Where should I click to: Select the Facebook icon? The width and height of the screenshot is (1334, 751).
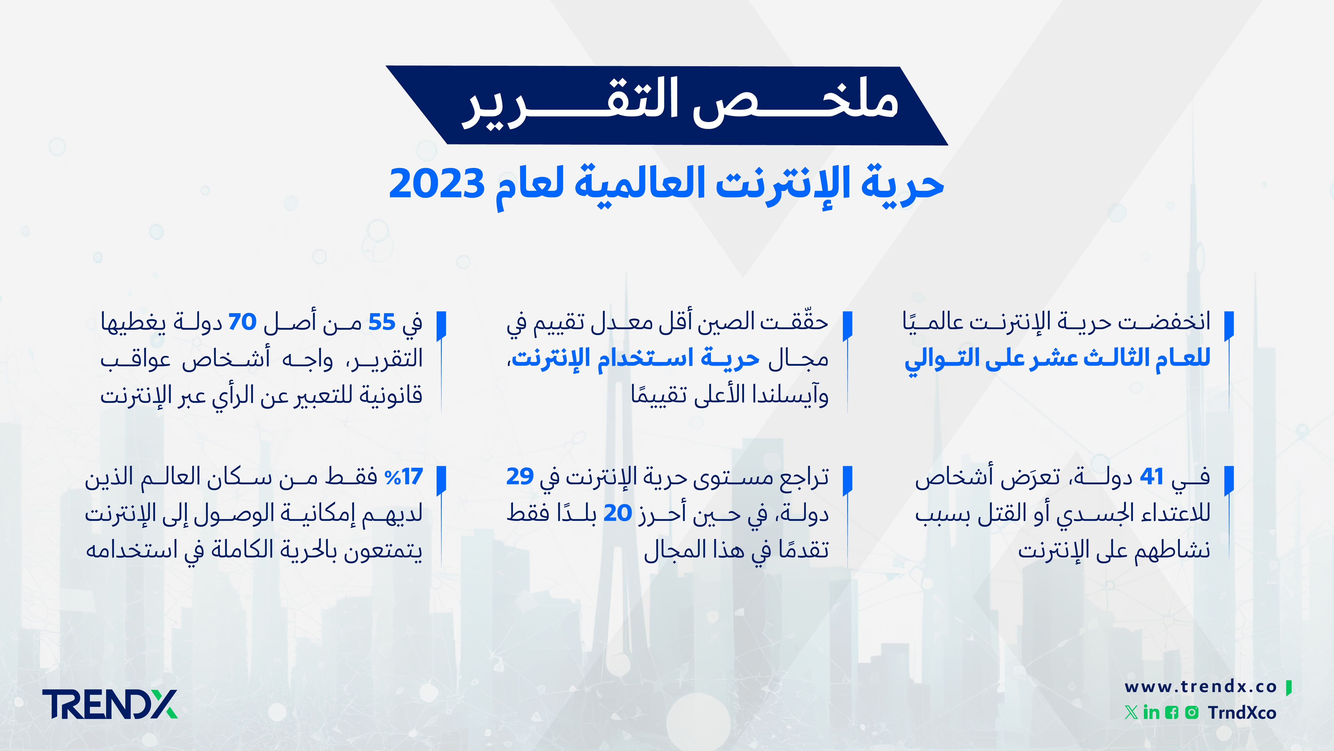[1171, 713]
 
